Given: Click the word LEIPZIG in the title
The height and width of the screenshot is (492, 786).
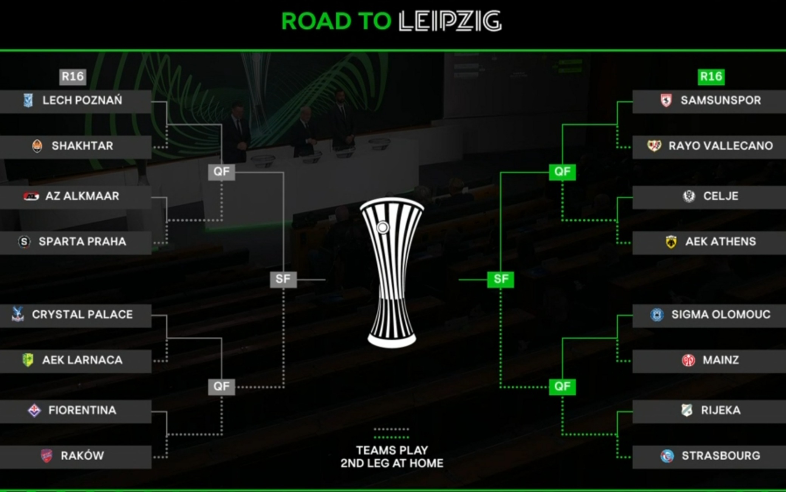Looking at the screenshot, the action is click(x=450, y=21).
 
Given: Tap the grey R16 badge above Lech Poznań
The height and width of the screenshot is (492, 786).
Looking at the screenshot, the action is click(x=73, y=77).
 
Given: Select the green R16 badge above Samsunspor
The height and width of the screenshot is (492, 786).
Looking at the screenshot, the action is click(x=711, y=77).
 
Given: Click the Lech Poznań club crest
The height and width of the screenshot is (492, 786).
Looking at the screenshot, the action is click(x=28, y=101).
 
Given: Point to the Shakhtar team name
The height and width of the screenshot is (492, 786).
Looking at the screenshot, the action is click(x=82, y=146).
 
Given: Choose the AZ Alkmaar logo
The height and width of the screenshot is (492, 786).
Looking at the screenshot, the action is click(x=31, y=196).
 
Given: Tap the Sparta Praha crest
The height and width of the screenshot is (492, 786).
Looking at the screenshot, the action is click(x=24, y=241).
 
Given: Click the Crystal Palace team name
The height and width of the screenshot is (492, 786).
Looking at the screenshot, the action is click(x=82, y=314).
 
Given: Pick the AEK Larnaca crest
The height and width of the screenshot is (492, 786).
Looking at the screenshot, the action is click(x=28, y=360).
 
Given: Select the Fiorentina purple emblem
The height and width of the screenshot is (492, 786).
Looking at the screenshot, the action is click(x=34, y=410).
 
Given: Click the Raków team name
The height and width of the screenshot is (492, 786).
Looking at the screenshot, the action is click(x=82, y=456).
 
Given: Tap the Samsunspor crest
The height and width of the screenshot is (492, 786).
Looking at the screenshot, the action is click(x=666, y=101).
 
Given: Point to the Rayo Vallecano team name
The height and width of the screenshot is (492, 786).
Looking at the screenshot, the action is click(x=721, y=146).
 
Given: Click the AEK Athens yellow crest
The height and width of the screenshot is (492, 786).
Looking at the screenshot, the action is click(x=671, y=242).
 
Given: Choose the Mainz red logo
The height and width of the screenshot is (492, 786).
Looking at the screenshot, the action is click(x=688, y=360).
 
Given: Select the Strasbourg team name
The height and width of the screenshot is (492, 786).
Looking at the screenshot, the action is click(x=721, y=456).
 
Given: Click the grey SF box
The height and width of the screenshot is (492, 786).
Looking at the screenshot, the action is click(x=283, y=280).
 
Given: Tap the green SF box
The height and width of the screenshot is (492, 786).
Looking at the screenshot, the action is click(x=500, y=280).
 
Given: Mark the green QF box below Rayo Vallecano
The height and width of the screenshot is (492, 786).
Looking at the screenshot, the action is click(x=562, y=172).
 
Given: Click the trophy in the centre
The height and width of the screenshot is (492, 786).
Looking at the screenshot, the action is click(x=392, y=272).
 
